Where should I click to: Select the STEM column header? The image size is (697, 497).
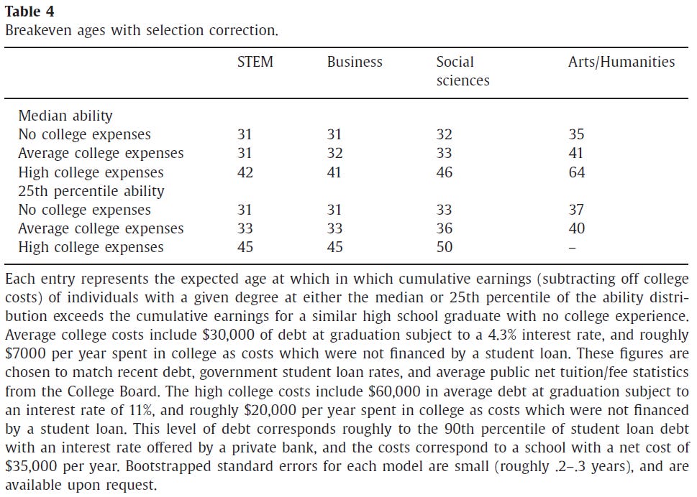pyautogui.click(x=255, y=62)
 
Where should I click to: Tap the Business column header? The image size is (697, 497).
pyautogui.click(x=355, y=62)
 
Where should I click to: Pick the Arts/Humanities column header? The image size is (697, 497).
pyautogui.click(x=621, y=62)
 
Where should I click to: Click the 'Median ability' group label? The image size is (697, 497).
pyautogui.click(x=65, y=116)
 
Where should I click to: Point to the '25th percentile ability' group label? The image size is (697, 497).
pyautogui.click(x=91, y=191)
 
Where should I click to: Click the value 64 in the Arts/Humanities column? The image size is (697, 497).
pyautogui.click(x=576, y=172)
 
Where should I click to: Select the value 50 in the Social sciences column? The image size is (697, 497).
pyautogui.click(x=445, y=247)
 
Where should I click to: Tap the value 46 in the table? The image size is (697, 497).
pyautogui.click(x=445, y=172)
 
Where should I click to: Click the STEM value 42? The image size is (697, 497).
pyautogui.click(x=245, y=172)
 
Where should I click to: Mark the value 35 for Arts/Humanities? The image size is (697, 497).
pyautogui.click(x=576, y=134)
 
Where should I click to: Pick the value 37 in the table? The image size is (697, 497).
pyautogui.click(x=576, y=210)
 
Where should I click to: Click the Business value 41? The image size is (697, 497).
pyautogui.click(x=335, y=172)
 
